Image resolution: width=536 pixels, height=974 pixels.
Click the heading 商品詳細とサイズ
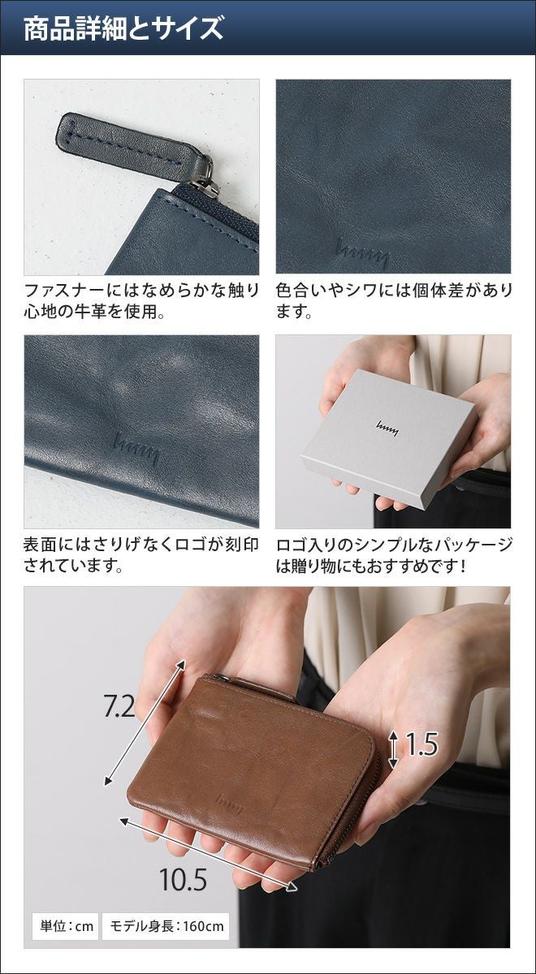123,28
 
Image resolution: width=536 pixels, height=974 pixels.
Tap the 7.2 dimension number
119,705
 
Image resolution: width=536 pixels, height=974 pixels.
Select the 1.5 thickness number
421,744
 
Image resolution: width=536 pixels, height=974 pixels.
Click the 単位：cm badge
66,914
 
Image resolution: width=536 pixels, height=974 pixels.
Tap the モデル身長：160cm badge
166,914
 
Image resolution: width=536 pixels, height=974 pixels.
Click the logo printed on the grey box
387,429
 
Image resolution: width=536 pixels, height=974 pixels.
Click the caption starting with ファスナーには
141,301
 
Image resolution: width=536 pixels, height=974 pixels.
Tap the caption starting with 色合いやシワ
394,301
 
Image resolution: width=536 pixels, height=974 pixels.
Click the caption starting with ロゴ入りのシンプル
394,556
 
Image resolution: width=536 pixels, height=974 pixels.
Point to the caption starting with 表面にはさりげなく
141,556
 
